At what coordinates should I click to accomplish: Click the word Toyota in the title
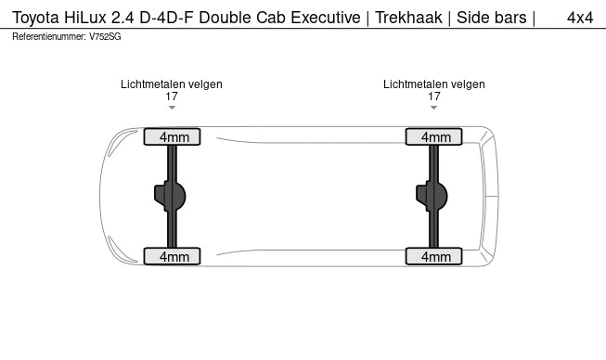(x=36, y=18)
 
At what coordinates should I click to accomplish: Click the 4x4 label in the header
(x=580, y=18)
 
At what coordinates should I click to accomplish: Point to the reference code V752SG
(x=105, y=36)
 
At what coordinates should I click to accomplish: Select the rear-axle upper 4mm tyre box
(x=433, y=137)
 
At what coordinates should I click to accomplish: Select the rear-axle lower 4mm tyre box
(x=433, y=256)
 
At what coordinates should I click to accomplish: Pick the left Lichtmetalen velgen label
(x=172, y=84)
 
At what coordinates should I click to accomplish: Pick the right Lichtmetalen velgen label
(x=433, y=84)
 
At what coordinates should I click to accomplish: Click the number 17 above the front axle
(x=172, y=96)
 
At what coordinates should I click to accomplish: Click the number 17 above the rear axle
(x=433, y=96)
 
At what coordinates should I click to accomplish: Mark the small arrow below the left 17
(x=172, y=108)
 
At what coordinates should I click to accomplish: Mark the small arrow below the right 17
(x=433, y=108)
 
